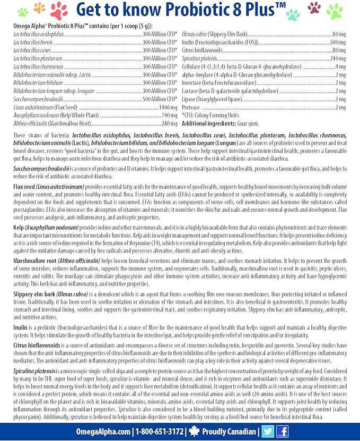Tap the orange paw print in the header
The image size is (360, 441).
pyautogui.click(x=39, y=7)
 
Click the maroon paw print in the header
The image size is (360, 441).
pyautogui.click(x=314, y=7)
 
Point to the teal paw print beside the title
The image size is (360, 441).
pyautogui.click(x=293, y=14)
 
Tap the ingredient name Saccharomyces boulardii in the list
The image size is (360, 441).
pyautogui.click(x=36, y=99)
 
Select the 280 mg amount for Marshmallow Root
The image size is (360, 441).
pyautogui.click(x=169, y=124)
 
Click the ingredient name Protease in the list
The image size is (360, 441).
pyautogui.click(x=190, y=108)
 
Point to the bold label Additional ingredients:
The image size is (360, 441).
pyautogui.click(x=208, y=124)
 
